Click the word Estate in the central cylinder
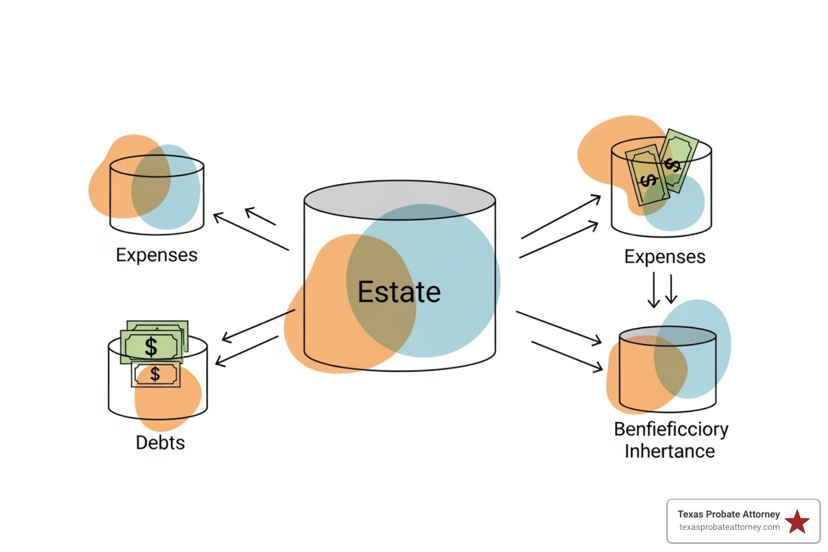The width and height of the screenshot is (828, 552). (x=399, y=292)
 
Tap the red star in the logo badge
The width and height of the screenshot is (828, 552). (x=797, y=522)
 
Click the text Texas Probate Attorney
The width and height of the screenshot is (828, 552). (x=728, y=514)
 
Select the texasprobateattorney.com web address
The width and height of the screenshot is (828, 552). (x=729, y=527)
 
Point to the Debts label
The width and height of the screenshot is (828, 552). (x=160, y=443)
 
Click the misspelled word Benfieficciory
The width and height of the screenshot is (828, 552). (x=671, y=429)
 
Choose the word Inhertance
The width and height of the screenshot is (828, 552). (x=670, y=451)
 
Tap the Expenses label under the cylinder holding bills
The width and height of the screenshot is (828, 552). (x=665, y=257)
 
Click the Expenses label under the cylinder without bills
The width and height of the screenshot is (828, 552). (x=157, y=255)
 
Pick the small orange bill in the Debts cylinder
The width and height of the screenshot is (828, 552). (x=156, y=374)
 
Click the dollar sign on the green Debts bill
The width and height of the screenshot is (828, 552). (x=151, y=347)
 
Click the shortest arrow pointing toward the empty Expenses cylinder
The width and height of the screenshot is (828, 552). (x=260, y=216)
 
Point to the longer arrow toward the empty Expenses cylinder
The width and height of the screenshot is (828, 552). (x=251, y=232)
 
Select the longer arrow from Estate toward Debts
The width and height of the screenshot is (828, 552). (x=258, y=325)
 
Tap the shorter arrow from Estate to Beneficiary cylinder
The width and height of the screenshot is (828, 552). (x=567, y=356)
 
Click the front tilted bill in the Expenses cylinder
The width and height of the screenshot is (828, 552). (x=647, y=176)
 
